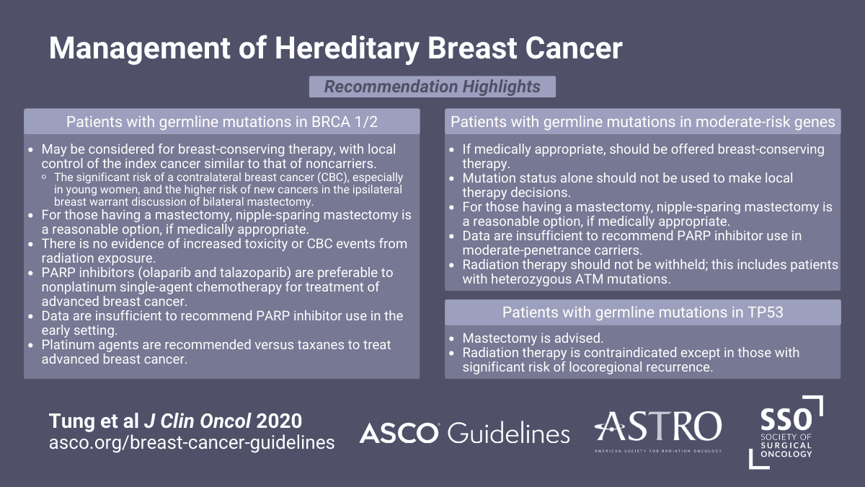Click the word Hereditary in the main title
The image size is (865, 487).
point(347,49)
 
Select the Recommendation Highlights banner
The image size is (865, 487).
point(432,87)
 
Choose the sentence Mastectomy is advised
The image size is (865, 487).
point(533,338)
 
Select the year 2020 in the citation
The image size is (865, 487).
point(279,421)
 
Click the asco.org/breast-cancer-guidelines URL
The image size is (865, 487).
point(192,443)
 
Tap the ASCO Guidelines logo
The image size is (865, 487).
point(464,433)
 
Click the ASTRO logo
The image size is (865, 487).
point(658,431)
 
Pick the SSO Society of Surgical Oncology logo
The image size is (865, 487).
point(786,432)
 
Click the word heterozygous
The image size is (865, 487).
point(529,279)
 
